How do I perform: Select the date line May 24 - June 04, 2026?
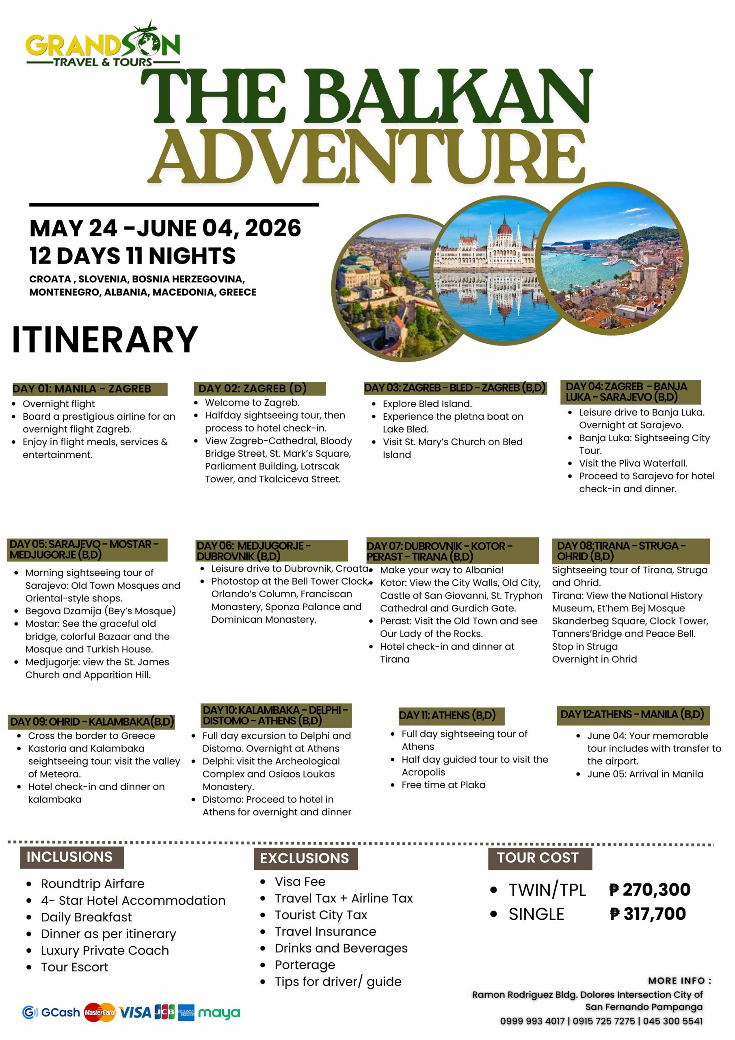(165, 228)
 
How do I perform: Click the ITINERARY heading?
(105, 339)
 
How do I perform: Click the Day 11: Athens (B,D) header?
(447, 715)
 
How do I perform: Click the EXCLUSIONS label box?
(305, 858)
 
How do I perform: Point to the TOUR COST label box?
(539, 858)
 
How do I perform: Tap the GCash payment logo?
(51, 1012)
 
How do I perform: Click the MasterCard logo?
(99, 1012)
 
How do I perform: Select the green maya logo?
(219, 1013)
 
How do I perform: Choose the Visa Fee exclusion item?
(300, 882)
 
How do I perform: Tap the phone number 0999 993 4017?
(532, 1021)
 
